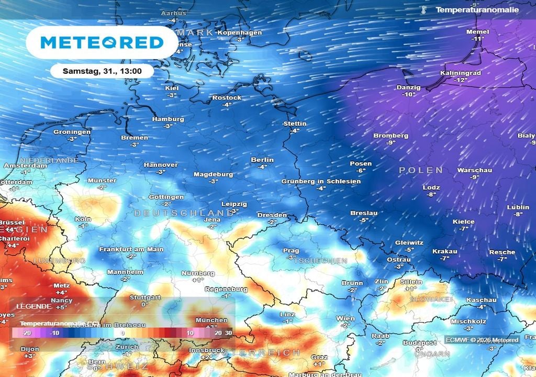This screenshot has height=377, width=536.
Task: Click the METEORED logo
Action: [x=102, y=42]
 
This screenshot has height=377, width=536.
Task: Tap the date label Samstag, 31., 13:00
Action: [x=101, y=71]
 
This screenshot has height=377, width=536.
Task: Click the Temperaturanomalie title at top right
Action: [x=477, y=10]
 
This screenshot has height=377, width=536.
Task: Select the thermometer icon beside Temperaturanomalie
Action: [x=423, y=10]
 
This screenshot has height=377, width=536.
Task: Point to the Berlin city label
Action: [x=262, y=160]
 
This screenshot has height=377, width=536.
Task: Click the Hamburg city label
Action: [x=168, y=119]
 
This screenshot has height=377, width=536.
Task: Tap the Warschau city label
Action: [x=475, y=170]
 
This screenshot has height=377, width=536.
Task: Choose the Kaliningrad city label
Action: [x=461, y=73]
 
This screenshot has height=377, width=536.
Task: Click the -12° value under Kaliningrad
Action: [x=461, y=80]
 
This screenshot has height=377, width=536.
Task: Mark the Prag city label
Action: [x=291, y=251]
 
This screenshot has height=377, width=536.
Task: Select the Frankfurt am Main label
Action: [x=131, y=249]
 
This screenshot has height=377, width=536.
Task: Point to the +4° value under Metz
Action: [x=61, y=292]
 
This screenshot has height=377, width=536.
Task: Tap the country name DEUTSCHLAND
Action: [x=183, y=213]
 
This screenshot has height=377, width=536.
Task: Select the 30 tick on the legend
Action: [x=228, y=333]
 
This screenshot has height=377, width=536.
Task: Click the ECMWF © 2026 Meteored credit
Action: [x=482, y=340]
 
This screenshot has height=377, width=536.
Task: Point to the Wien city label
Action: [x=345, y=318]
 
